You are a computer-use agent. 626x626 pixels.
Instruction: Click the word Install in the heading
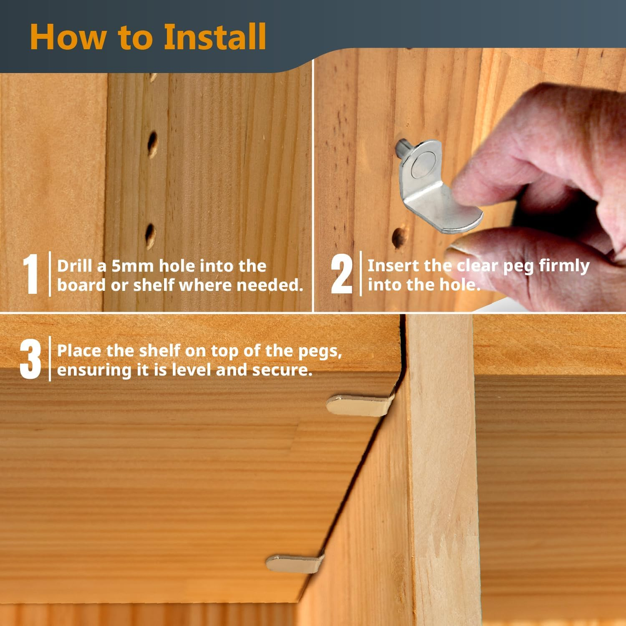coord(215,37)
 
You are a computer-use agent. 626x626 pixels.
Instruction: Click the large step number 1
coord(30,274)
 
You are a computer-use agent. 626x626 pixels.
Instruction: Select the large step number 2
coord(342,274)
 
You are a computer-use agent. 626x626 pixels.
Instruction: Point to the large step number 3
coord(30,359)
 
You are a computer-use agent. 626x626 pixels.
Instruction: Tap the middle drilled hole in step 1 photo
coord(152,144)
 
